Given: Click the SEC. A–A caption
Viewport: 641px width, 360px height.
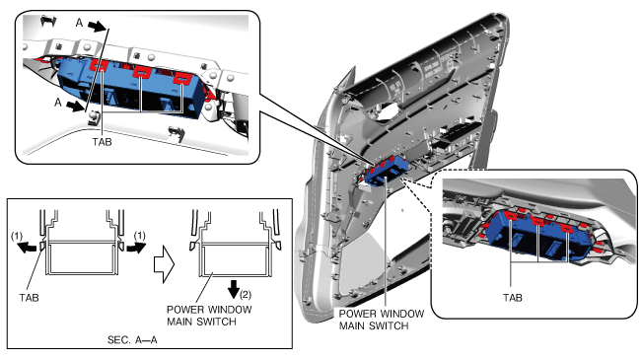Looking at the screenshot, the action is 132,339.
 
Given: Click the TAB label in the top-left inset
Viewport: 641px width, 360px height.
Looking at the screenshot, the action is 102,142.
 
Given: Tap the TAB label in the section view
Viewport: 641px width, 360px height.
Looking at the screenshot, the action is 29,298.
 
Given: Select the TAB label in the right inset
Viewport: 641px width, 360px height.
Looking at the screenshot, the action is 512,298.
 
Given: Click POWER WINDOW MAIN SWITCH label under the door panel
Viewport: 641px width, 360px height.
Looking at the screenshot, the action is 382,320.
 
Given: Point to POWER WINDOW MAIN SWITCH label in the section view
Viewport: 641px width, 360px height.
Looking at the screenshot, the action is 209,316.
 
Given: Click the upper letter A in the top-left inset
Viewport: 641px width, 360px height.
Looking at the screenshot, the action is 79,23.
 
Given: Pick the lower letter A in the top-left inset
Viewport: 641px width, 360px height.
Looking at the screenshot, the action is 58,102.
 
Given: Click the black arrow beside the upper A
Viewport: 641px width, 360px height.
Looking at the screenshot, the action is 97,27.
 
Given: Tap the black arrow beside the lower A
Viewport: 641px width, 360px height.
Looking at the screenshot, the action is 75,107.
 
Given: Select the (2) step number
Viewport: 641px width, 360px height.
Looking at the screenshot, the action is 246,294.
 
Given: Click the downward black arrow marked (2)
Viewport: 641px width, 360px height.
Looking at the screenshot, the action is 234,289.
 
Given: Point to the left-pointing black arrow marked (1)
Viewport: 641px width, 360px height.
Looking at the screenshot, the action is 29,248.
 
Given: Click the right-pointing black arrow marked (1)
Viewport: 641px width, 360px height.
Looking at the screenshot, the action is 135,248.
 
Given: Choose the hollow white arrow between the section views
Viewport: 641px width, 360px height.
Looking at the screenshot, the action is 164,264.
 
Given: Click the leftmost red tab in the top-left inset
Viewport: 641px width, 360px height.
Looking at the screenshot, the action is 99,65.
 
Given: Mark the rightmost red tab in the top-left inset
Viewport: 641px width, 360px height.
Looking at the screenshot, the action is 179,78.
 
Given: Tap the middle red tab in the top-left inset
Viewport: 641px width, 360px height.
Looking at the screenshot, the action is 141,72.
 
